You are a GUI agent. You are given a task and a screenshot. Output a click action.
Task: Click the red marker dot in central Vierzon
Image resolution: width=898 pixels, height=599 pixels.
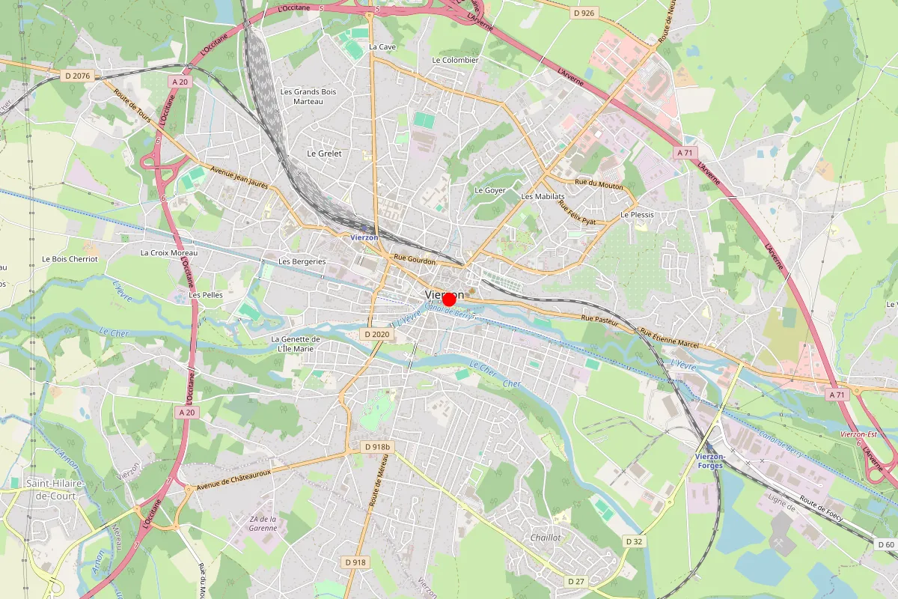click(x=449, y=299)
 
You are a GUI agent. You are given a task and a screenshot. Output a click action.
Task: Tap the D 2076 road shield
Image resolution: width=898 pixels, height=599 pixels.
click(x=78, y=75)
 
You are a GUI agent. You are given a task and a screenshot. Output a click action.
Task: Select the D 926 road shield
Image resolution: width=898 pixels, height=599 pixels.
click(x=584, y=13)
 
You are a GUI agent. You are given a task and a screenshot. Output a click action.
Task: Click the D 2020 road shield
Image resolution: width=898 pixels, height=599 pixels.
click(x=375, y=334)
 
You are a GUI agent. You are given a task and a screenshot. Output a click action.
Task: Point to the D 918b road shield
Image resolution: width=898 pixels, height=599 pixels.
click(x=377, y=447)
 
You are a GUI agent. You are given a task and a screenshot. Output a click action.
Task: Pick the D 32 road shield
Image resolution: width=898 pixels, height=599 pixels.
click(x=634, y=541)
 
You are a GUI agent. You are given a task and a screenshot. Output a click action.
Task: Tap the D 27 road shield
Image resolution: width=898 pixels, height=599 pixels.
click(x=575, y=581)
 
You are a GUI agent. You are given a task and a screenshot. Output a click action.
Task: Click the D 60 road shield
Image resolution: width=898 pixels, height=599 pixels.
click(x=886, y=544)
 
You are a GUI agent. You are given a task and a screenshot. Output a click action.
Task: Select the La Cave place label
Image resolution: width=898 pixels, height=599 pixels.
click(x=382, y=46)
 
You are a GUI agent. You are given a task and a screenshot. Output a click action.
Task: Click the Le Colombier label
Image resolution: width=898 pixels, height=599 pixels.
click(x=455, y=60)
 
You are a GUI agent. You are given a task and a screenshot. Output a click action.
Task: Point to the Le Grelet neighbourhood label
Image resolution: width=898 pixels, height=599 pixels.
click(x=324, y=153)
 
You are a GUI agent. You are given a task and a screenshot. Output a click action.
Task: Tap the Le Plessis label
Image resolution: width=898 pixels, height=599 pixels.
click(x=637, y=215)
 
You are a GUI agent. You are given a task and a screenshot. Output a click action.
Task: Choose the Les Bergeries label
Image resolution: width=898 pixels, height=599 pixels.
click(x=302, y=261)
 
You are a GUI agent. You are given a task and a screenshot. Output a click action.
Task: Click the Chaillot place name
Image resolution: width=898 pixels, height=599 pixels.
click(x=545, y=538)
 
